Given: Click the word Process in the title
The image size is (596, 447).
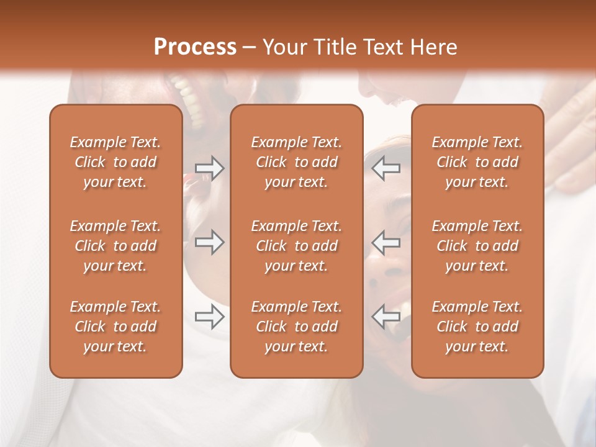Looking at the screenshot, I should pos(195,47).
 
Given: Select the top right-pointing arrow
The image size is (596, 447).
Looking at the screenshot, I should pos(210,168).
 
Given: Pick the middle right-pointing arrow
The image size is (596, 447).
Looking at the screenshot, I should pos(210,242).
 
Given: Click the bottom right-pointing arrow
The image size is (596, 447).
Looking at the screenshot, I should pos(210,317).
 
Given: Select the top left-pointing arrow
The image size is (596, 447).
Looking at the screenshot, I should pos(386,168).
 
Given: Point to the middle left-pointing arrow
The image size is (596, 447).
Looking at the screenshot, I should pos(386,242).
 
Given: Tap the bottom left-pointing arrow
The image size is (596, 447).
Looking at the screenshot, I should pos(386,317).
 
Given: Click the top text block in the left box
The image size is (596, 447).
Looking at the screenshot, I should pos(115,162).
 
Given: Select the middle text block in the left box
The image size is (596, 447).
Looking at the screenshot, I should pos(115,246).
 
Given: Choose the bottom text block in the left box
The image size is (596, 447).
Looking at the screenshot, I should pos(115,327).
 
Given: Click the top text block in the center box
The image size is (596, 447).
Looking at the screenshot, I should pos(296,162).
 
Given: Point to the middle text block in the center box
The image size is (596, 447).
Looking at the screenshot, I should pos(296,246).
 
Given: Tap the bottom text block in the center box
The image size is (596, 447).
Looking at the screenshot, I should pos(296,327).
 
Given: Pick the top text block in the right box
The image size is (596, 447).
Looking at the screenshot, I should pos(477,162).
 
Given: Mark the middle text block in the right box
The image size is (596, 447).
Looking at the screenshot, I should pos(477,246).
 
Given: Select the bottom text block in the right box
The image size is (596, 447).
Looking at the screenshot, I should pos(477,327).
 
